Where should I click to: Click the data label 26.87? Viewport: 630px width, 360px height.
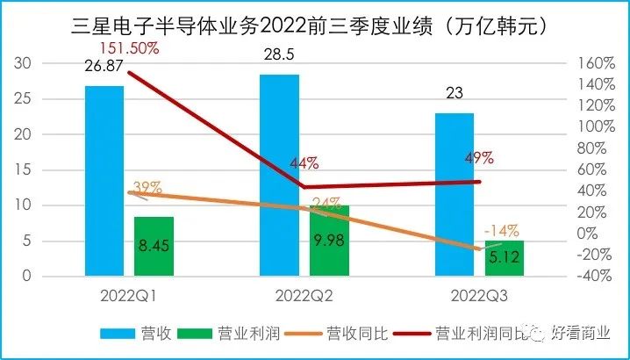pyautogui.click(x=104, y=65)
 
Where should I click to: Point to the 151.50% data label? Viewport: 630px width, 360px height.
pyautogui.click(x=130, y=47)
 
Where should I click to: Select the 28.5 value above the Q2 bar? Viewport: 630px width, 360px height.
pyautogui.click(x=280, y=54)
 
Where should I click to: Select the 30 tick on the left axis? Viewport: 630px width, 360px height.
pyautogui.click(x=25, y=63)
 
